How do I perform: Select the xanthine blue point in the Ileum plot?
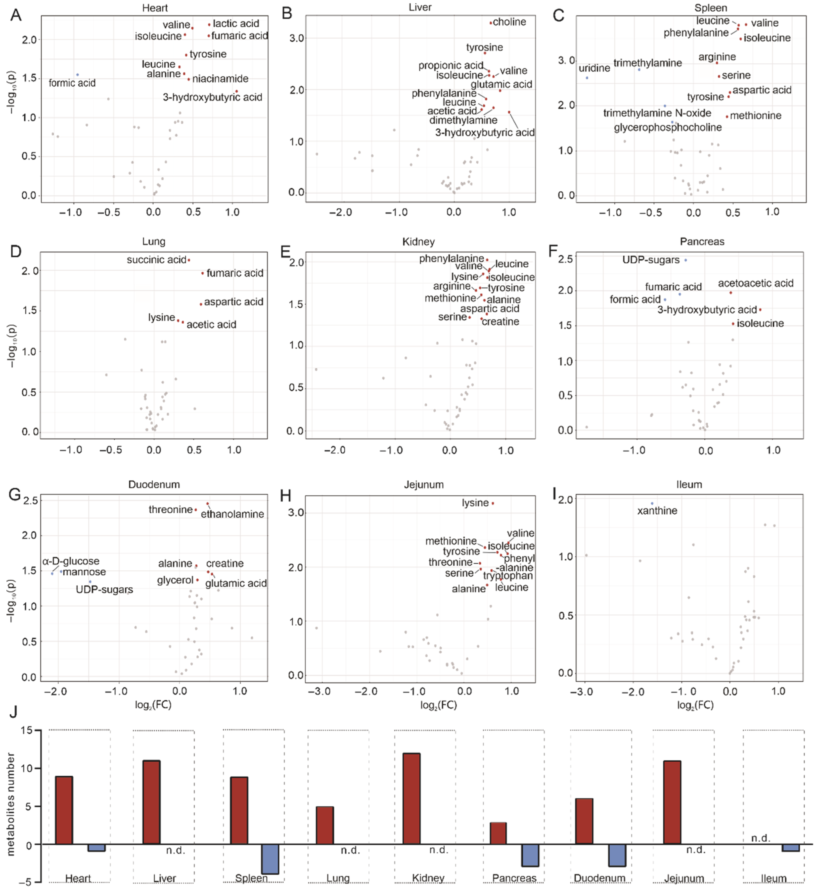pos(652,504)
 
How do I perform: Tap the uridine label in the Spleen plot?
pos(594,68)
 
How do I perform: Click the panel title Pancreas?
pos(702,242)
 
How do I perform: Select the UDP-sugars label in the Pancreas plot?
pos(651,260)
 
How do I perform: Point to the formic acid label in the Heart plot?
pos(72,83)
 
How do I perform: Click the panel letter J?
pos(13,712)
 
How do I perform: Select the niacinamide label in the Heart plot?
pos(220,79)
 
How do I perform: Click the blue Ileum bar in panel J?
pos(791,848)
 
